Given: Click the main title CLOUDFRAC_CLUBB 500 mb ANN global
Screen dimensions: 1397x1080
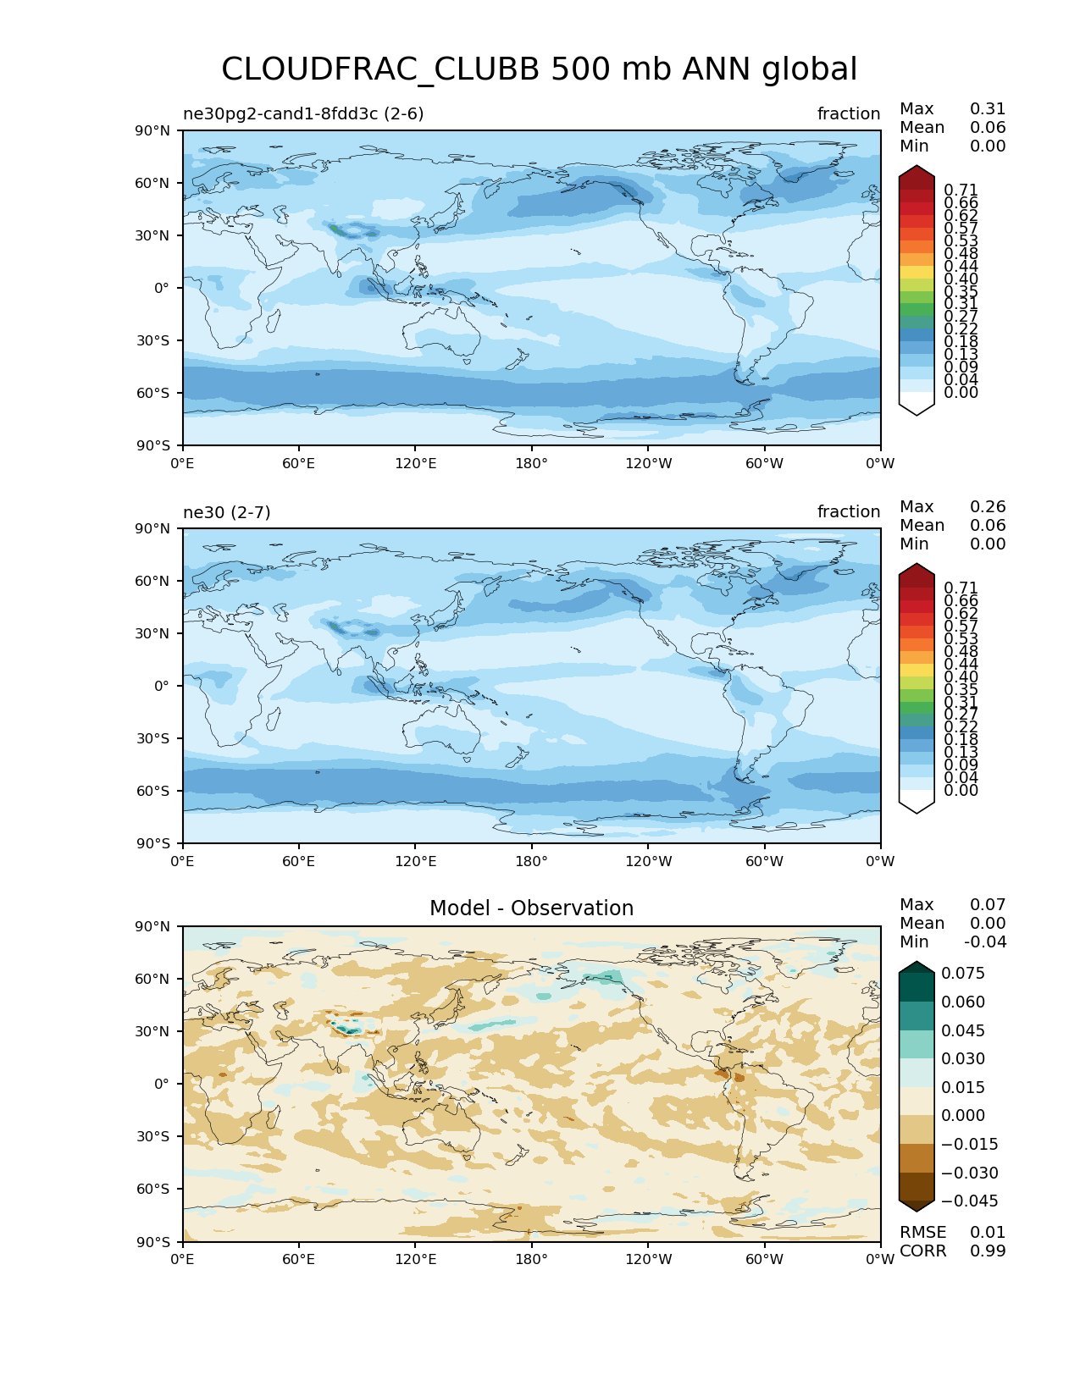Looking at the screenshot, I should (539, 69).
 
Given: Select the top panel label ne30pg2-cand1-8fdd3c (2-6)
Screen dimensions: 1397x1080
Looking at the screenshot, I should (303, 113).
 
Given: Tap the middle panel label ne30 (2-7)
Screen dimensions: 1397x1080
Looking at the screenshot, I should (226, 511).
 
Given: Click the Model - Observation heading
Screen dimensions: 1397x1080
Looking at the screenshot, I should (531, 908).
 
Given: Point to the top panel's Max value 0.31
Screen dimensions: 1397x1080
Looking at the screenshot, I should (988, 109).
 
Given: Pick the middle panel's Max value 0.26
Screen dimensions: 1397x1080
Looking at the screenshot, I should (988, 507).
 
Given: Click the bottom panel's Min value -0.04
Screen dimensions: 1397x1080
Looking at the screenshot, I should (985, 942).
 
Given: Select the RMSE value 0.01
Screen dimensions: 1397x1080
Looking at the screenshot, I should (988, 1233).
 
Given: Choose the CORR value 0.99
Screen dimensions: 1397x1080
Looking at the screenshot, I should (988, 1251).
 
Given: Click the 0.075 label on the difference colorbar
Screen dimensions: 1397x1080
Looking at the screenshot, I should (963, 974).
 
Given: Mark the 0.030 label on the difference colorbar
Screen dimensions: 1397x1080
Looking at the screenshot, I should (963, 1059).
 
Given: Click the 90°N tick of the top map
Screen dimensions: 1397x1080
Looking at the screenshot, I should (153, 130).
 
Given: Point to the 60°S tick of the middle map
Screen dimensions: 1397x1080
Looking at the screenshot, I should (153, 791).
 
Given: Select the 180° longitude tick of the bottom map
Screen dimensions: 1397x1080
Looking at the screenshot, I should (531, 1260).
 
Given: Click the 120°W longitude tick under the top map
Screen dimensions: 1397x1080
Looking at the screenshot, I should (648, 464).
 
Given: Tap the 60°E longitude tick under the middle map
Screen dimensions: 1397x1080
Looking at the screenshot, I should (299, 862).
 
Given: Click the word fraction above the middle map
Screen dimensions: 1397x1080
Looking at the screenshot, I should (848, 511).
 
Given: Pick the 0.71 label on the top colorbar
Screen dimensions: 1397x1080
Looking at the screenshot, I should (961, 190).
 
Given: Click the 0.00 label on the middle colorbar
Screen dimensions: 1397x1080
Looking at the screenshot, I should (961, 791).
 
